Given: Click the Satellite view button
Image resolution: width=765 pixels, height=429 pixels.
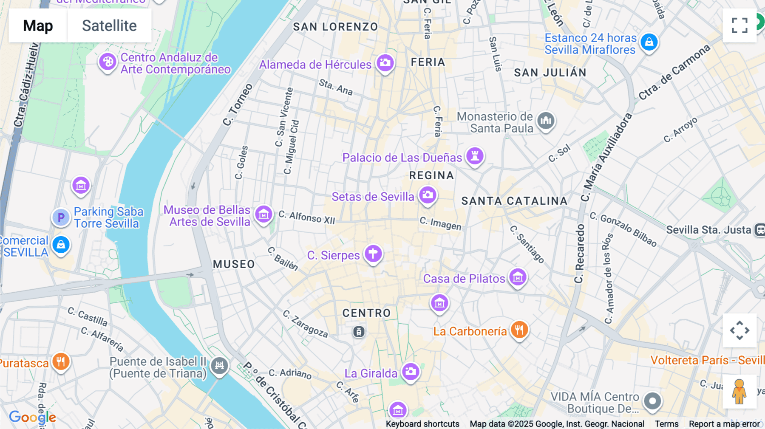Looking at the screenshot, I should click(109, 25).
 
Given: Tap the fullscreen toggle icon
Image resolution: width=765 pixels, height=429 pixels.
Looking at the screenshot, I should click(739, 25).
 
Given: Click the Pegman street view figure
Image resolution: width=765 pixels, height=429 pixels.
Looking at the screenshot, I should click(739, 392).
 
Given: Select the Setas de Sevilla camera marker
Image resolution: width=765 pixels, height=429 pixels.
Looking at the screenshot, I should click(428, 195).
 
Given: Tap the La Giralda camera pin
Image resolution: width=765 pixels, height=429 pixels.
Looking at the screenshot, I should click(411, 372).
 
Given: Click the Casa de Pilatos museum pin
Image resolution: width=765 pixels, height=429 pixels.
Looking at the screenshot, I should click(518, 277).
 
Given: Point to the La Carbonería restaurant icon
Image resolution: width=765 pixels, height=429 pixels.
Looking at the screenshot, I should click(519, 330).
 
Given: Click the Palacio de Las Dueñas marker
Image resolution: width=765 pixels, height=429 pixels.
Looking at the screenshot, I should click(475, 156).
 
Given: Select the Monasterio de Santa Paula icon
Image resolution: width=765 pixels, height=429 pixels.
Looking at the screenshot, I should click(546, 121).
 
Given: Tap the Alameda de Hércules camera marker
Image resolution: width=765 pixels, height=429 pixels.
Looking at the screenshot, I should click(385, 63).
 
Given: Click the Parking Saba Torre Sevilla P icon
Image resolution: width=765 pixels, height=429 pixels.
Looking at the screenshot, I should click(61, 217).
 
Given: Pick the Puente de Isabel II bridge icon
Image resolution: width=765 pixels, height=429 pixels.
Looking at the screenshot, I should click(219, 365).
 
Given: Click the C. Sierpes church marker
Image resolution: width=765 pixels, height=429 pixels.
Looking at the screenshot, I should click(373, 254).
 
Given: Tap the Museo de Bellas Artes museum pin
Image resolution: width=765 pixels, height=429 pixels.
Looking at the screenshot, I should click(263, 214).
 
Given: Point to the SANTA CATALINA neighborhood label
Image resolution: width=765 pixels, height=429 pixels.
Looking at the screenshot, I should click(514, 201).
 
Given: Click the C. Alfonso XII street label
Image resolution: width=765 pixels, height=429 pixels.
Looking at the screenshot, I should click(307, 217).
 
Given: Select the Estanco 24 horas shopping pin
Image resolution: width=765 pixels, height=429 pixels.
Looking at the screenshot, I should click(649, 42).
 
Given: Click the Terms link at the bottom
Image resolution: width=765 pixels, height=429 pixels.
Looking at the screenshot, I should click(666, 424).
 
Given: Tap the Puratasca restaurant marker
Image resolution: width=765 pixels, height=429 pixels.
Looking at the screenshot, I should click(61, 361).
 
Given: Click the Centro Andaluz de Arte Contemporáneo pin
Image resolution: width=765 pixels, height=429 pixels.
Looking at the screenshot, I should click(108, 62).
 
